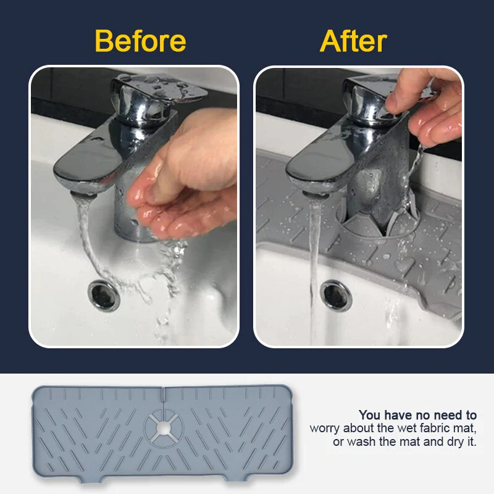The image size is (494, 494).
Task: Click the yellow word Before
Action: tap(141, 41)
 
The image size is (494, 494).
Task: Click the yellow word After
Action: tap(353, 41)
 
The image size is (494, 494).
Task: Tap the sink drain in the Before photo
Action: tap(104, 295)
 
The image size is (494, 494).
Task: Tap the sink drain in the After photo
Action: tap(336, 295)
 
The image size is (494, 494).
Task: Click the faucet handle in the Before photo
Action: tap(157, 91)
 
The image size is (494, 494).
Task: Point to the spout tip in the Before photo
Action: tap(83, 195)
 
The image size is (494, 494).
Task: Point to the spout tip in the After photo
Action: tap(316, 195)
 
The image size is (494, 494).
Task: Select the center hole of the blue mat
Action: tap(163, 428)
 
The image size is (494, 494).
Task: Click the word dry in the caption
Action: tap(455, 442)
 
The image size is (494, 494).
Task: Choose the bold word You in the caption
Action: tap(370, 415)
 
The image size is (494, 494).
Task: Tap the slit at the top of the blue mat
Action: tap(163, 395)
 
